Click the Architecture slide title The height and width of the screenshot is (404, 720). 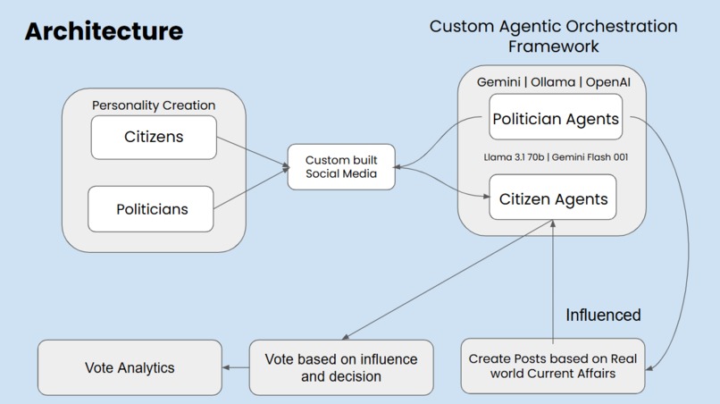pos(104,31)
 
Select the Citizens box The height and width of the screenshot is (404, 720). pos(154,137)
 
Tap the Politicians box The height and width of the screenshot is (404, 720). pos(152,209)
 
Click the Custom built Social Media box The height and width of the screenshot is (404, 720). pos(341,166)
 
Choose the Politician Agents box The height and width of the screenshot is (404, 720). pos(555,119)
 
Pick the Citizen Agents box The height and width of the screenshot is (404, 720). pos(553,198)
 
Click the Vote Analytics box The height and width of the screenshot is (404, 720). pos(130,367)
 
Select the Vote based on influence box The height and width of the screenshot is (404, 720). pos(340,367)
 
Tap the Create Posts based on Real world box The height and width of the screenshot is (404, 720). pos(552,366)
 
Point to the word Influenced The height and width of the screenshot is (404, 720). pos(603,315)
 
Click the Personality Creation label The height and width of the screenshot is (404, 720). pos(154,105)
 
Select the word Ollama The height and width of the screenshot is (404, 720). pos(554,82)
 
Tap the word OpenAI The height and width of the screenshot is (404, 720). pos(615,82)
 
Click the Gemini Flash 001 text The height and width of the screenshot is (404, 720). pos(590,157)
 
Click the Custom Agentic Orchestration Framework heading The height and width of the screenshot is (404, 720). pos(553,36)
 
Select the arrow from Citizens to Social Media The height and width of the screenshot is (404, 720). pos(252,152)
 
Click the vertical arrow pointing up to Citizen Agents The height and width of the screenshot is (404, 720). pos(553,277)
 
